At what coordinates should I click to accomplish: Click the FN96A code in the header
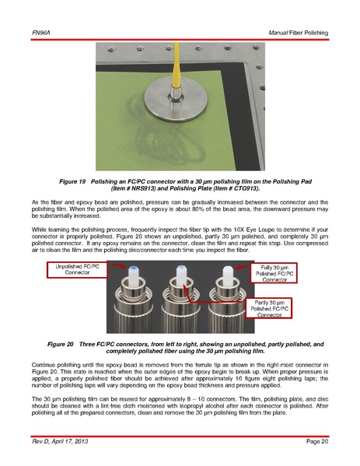pos(41,33)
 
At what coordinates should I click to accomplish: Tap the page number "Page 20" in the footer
pos(317,441)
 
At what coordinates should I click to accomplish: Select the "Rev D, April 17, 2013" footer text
pos(60,441)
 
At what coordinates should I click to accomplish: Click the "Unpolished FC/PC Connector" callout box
pos(77,270)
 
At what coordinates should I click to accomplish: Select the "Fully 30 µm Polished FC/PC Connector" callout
pos(274,273)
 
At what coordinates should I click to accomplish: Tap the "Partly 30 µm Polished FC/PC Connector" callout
pos(269,309)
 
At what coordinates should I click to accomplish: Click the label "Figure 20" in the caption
pos(61,344)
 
